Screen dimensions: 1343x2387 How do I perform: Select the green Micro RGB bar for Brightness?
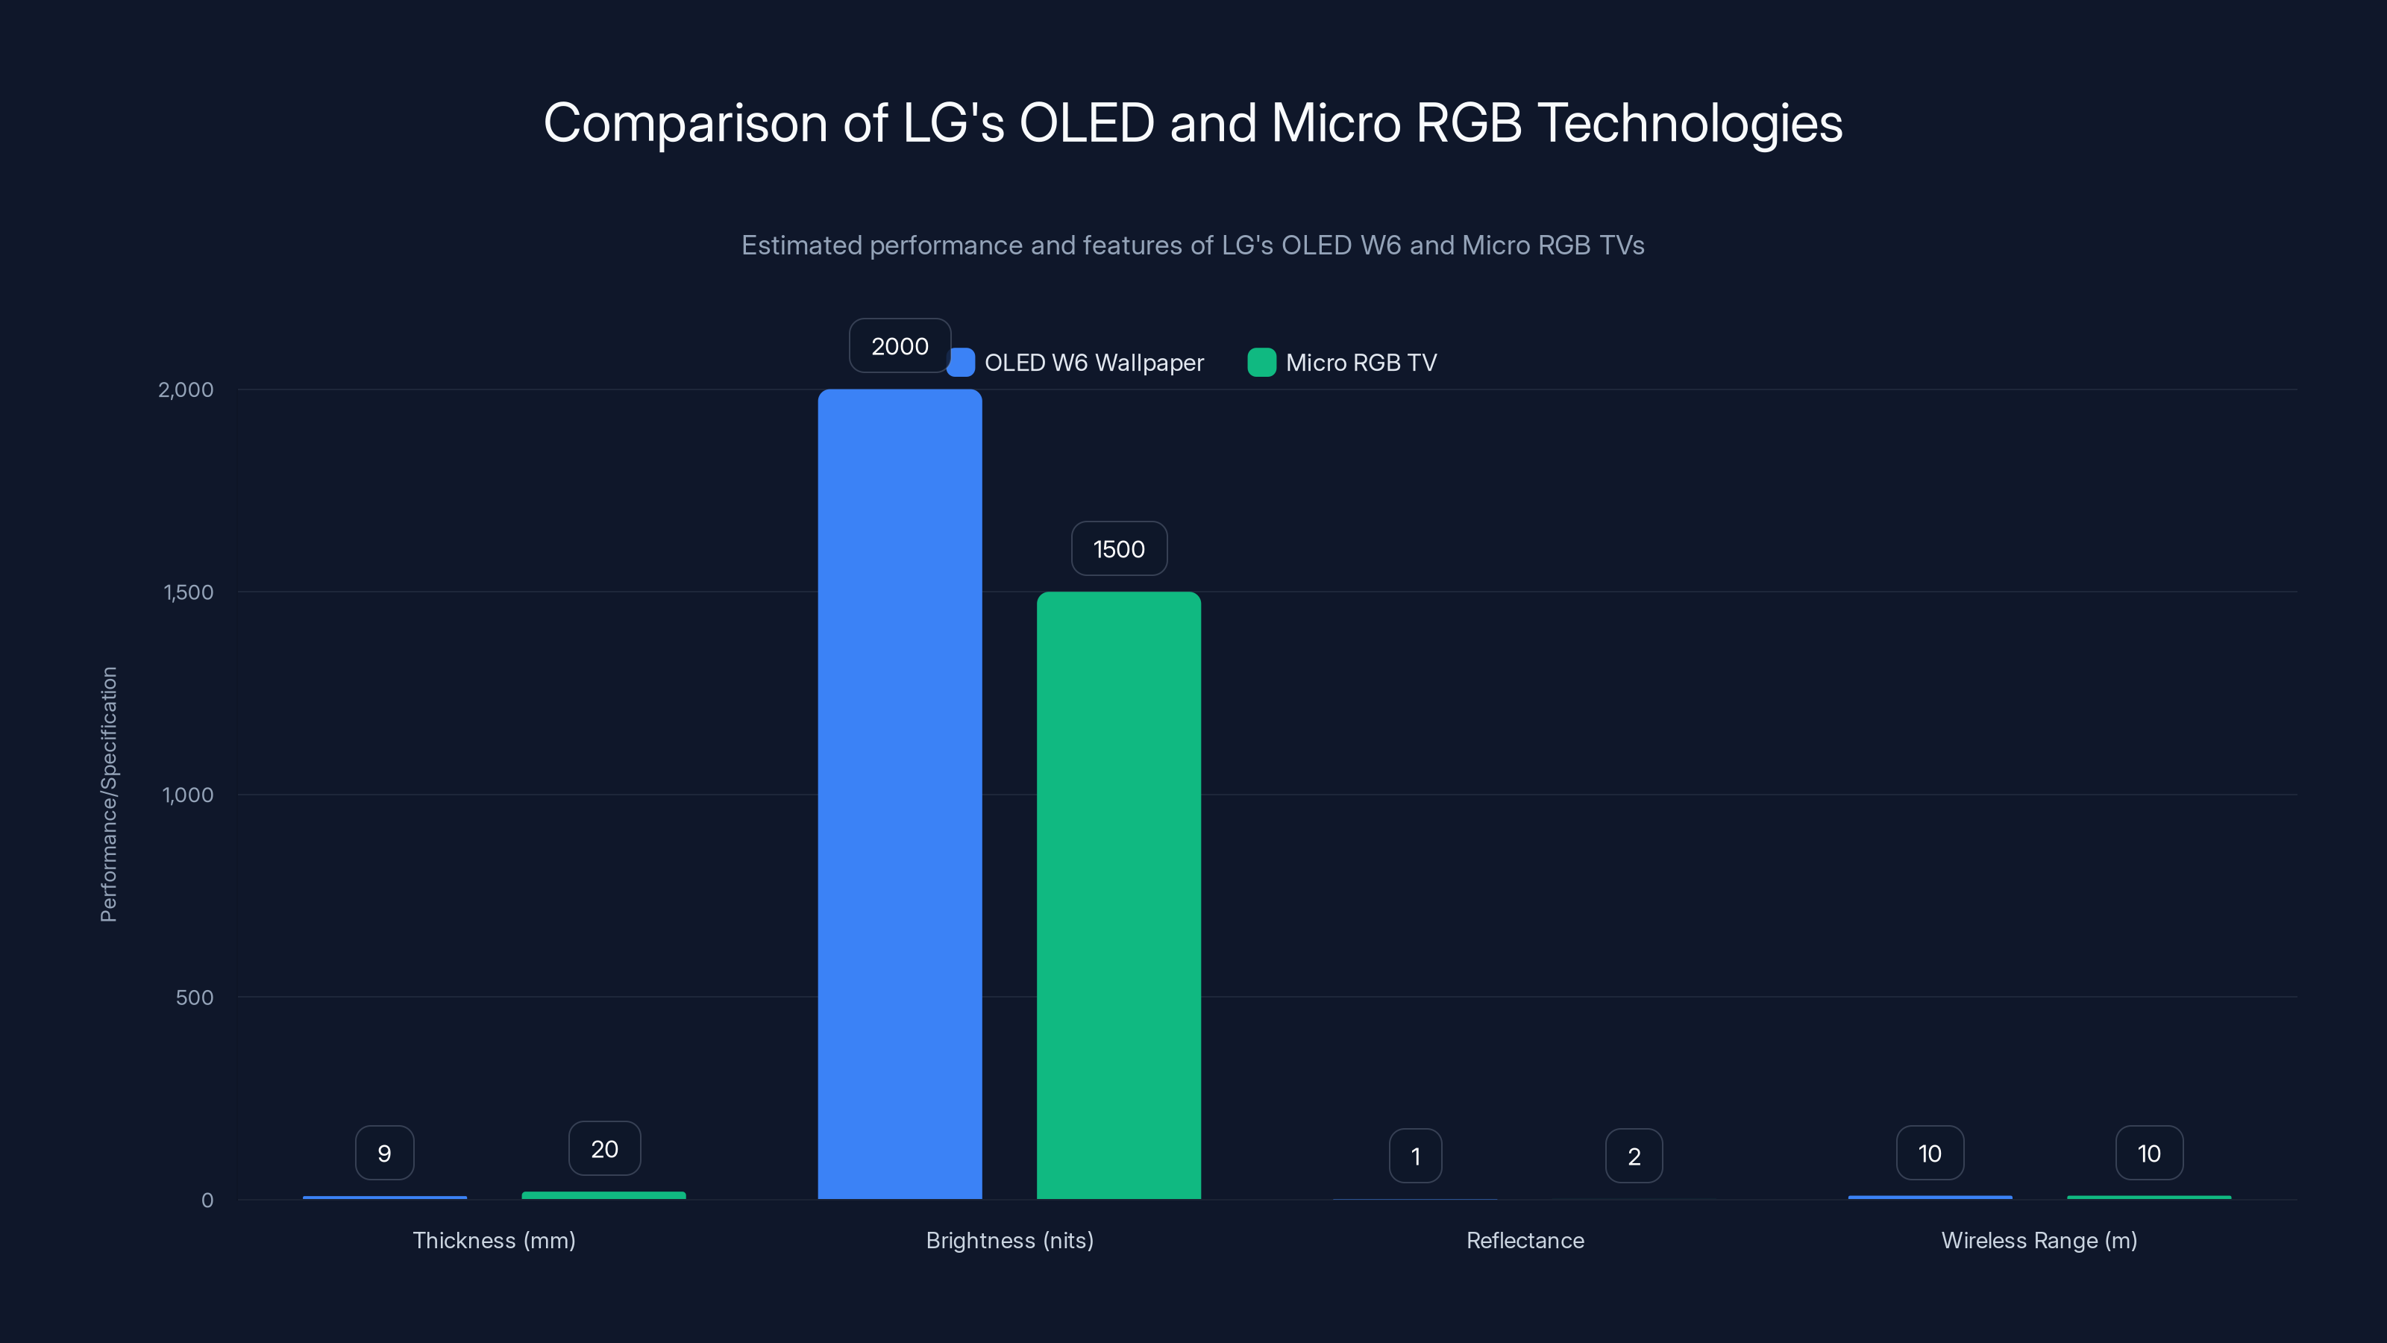tap(1118, 895)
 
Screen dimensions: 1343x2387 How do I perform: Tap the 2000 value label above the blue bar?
tap(899, 345)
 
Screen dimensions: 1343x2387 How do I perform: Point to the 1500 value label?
tap(1118, 548)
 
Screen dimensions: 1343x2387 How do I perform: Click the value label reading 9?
tap(385, 1153)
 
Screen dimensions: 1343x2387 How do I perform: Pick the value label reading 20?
tap(604, 1148)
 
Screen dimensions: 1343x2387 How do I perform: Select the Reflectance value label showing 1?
tap(1415, 1156)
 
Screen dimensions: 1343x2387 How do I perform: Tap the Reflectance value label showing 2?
tap(1634, 1156)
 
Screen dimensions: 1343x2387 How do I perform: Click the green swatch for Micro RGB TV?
tap(1261, 363)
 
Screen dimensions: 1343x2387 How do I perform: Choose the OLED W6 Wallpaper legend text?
tap(1094, 363)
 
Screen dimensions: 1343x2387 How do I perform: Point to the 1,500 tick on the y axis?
tap(188, 592)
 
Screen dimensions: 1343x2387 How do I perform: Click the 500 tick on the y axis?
tap(195, 998)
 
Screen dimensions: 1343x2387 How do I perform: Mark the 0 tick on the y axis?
tap(207, 1200)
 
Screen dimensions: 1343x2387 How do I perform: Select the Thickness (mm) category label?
tap(494, 1240)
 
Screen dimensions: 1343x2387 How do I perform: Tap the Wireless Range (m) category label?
tap(2039, 1240)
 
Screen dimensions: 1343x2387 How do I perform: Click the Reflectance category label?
tap(1524, 1240)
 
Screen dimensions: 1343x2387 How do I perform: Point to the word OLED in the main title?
tap(1086, 122)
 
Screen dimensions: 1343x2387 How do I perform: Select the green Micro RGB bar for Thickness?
tap(604, 1195)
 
